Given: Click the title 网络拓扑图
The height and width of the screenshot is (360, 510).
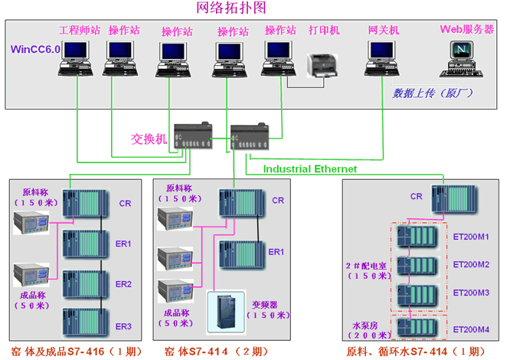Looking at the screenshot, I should [x=254, y=8].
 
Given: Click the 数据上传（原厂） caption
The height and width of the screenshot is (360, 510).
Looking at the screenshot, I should [x=433, y=93].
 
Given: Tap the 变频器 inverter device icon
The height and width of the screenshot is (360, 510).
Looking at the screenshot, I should [x=226, y=311].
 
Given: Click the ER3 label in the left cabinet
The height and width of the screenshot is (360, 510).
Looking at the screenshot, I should [x=123, y=327].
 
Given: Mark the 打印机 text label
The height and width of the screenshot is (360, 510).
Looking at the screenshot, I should [x=324, y=31].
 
